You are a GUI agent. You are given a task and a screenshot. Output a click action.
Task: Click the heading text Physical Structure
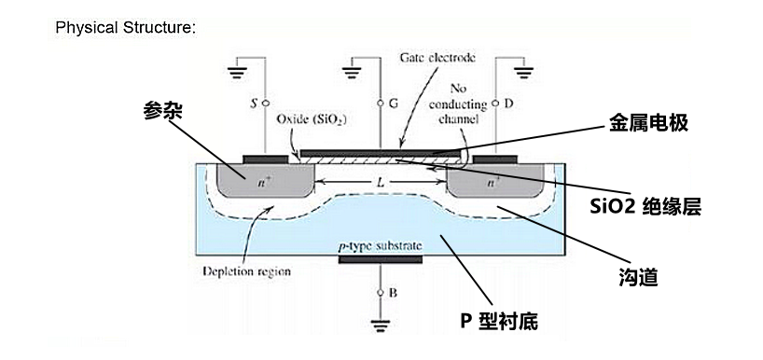click(125, 27)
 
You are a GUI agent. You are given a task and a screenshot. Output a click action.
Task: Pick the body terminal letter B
click(393, 293)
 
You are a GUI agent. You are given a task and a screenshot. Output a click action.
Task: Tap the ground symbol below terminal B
click(381, 325)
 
